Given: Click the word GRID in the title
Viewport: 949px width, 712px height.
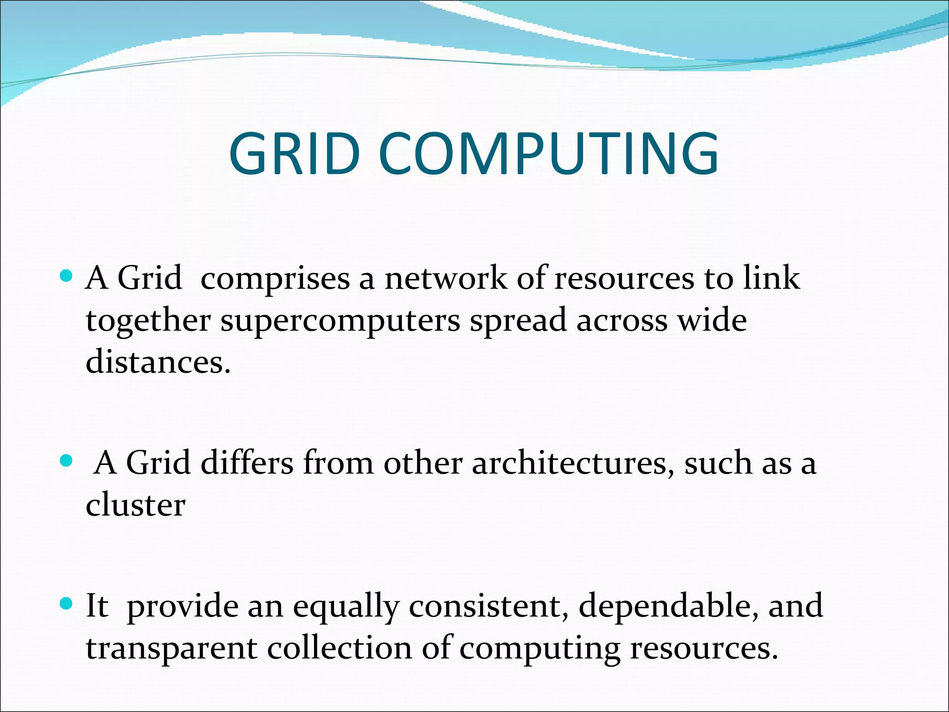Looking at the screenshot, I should [295, 154].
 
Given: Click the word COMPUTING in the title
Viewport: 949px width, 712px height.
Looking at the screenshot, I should [549, 154].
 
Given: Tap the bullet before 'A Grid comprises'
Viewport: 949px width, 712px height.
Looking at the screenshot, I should [67, 277].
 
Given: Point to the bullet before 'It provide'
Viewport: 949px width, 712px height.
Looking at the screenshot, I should [67, 604].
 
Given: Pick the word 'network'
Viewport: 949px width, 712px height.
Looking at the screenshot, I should [445, 278].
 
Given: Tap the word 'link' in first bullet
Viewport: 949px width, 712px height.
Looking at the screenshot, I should [771, 278].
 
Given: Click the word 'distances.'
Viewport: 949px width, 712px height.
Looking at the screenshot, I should [158, 362].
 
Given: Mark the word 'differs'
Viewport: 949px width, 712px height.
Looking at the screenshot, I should [247, 463].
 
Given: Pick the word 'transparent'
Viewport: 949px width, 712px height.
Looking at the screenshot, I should [171, 648].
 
